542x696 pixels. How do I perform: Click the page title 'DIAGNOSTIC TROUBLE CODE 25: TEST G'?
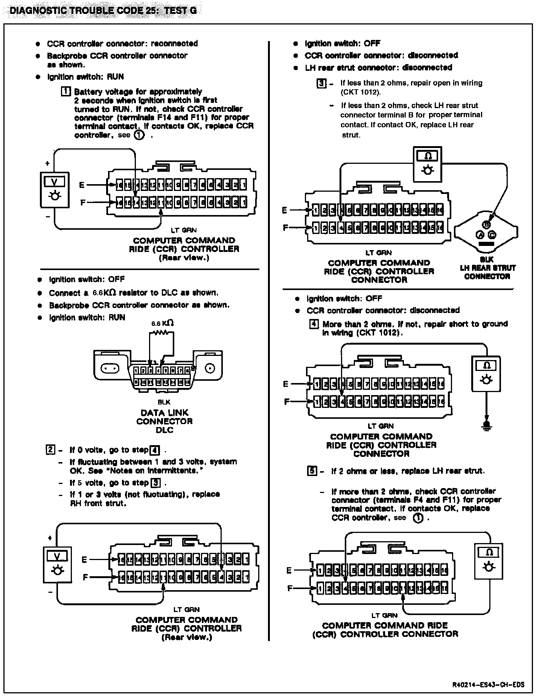[x=103, y=10]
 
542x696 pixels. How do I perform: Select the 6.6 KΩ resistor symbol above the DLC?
[x=162, y=333]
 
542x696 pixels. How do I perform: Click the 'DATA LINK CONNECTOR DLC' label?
[x=164, y=421]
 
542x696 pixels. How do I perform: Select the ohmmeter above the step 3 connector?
[x=427, y=164]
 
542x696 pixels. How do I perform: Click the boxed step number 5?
[x=311, y=471]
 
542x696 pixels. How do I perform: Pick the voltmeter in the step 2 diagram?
[x=57, y=562]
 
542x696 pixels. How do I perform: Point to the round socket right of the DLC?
[x=209, y=368]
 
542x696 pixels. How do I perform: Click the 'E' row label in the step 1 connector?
[x=82, y=185]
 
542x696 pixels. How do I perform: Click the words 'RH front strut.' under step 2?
[x=97, y=503]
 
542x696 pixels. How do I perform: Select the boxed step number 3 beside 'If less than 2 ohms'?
[x=321, y=83]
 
